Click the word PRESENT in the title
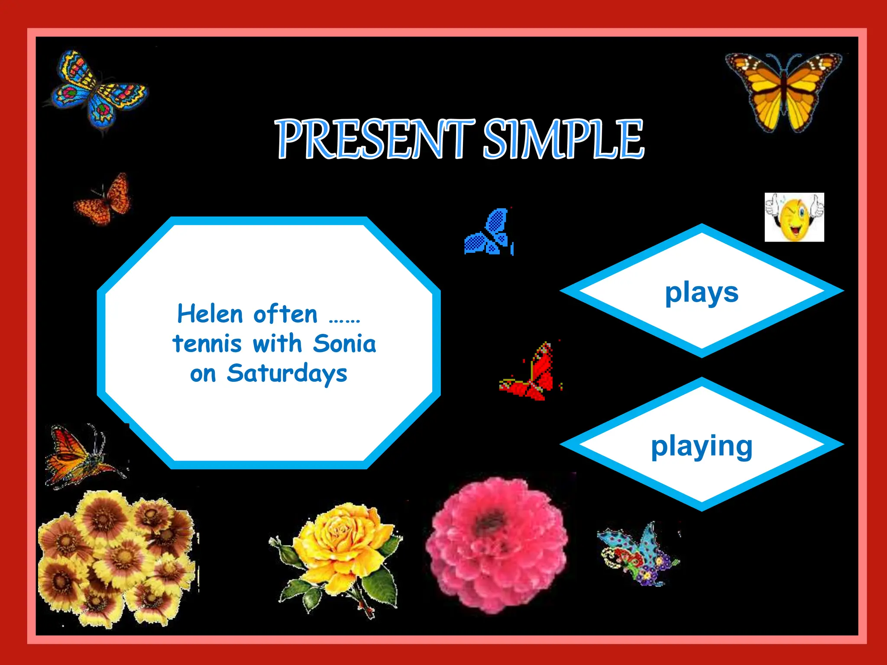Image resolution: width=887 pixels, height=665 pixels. (375, 139)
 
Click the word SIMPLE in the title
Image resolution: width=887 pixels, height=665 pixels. (563, 139)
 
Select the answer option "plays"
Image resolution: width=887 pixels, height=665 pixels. (702, 292)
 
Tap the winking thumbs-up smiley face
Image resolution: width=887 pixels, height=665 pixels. (794, 217)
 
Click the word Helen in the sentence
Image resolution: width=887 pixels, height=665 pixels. (210, 314)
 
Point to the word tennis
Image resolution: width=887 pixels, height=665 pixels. (207, 344)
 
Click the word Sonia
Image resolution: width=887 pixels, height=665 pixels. (344, 344)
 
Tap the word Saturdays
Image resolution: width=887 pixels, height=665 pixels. (287, 374)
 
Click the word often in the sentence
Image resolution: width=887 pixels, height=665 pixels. (285, 314)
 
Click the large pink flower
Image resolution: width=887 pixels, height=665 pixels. (496, 543)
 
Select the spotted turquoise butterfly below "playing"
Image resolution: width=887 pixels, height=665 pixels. (637, 554)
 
